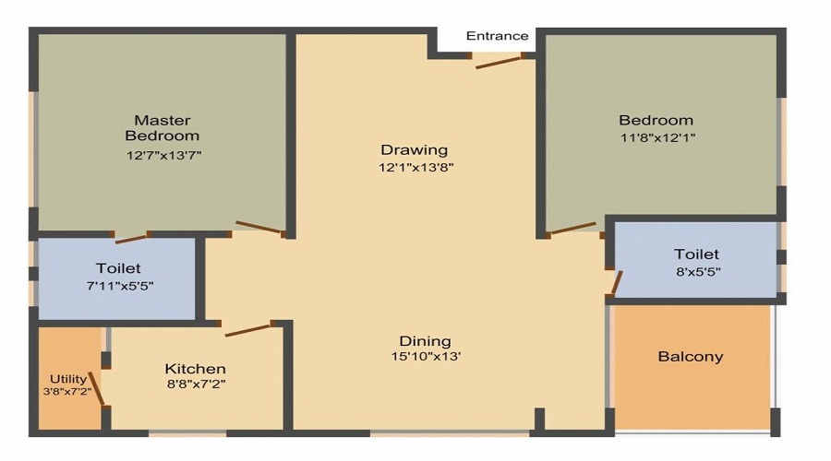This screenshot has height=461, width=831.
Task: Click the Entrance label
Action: [497, 37]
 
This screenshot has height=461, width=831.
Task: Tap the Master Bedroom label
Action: [163, 128]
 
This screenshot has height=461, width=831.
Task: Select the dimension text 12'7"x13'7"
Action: [163, 155]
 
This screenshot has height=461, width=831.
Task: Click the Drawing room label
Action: [414, 149]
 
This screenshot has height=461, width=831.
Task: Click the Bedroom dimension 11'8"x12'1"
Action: [656, 138]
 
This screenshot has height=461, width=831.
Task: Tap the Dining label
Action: [425, 340]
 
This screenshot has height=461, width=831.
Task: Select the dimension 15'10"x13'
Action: [425, 357]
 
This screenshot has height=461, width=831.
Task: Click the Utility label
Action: [68, 378]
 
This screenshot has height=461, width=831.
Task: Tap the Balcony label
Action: [690, 357]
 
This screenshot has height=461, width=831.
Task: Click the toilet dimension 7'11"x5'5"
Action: [118, 286]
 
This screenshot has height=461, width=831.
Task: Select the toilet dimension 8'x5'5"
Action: [696, 272]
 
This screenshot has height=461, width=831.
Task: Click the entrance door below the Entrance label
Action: [499, 61]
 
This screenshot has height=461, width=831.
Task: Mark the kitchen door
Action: [247, 328]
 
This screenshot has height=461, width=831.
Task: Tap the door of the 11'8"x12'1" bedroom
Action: [572, 227]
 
